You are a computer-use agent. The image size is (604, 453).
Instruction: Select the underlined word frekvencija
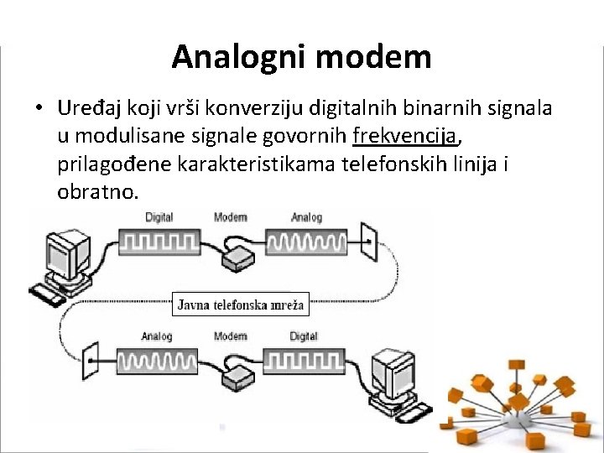coord(406,135)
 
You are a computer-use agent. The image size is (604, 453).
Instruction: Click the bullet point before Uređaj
coord(39,108)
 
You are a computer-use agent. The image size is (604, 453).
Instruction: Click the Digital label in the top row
coord(159,218)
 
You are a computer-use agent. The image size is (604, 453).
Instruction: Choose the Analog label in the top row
coord(306,218)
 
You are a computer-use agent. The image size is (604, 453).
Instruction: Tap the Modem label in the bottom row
coord(230,336)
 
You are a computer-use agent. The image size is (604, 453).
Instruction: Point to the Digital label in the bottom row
coord(304,336)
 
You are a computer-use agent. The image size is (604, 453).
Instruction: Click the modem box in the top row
coord(242,255)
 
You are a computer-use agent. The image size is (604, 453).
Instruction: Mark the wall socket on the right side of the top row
coord(368,242)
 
